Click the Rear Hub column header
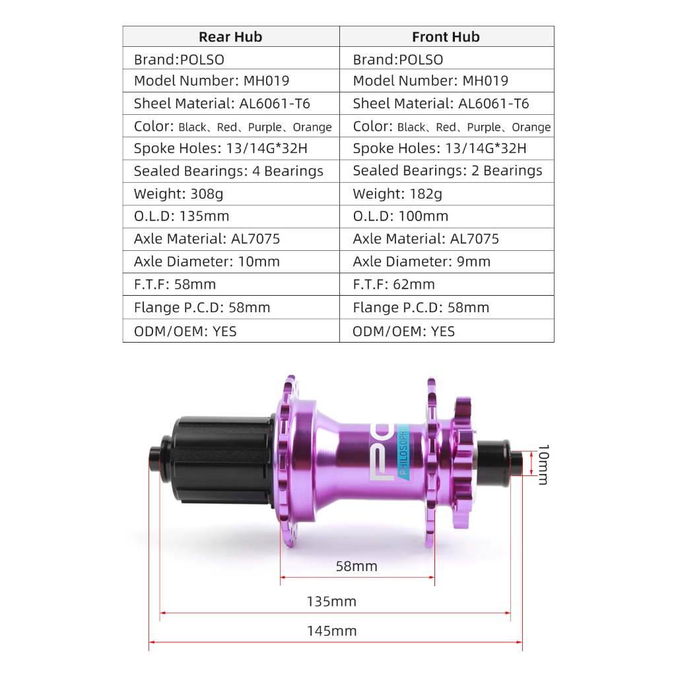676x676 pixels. [230, 37]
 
